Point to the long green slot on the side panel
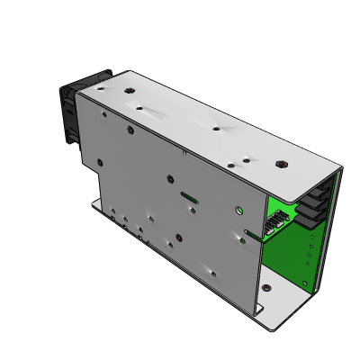pyautogui.click(x=190, y=194)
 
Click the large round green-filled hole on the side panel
pyautogui.click(x=238, y=211)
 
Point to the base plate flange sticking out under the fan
pyautogui.click(x=94, y=203)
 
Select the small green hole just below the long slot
pyautogui.click(x=194, y=211)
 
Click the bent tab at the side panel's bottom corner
pyautogui.click(x=259, y=309)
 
